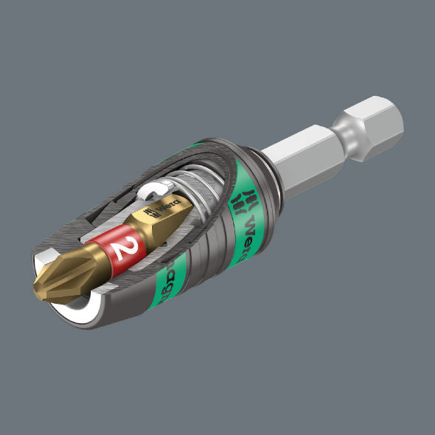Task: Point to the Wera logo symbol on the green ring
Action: (x=241, y=197)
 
